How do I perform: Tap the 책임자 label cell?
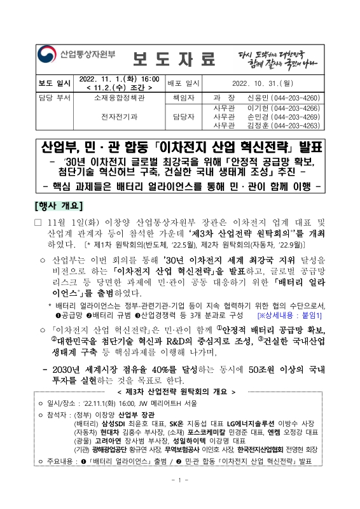point(184,99)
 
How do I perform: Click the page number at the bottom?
point(179,498)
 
